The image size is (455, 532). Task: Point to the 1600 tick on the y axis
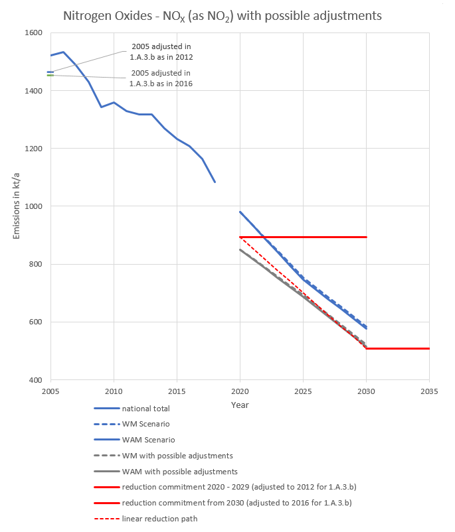click(x=33, y=33)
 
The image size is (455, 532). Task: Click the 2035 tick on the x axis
click(x=429, y=391)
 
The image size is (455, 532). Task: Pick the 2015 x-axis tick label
click(x=177, y=391)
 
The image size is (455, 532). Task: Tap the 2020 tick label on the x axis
click(x=240, y=391)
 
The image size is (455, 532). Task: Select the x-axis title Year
click(x=240, y=404)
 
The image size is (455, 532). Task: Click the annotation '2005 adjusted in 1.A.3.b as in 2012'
click(x=160, y=51)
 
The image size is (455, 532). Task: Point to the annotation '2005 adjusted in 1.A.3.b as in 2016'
click(x=160, y=78)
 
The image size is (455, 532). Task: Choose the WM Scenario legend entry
click(x=142, y=424)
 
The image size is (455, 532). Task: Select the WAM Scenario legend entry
click(x=144, y=440)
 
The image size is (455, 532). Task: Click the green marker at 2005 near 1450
click(x=50, y=75)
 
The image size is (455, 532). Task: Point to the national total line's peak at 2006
click(x=63, y=52)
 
